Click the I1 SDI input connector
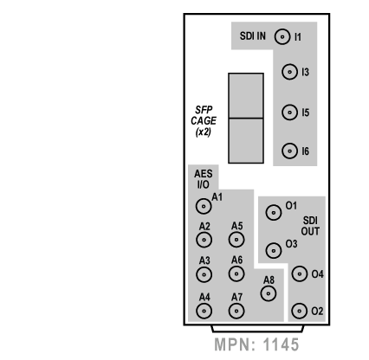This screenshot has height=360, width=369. click(x=282, y=36)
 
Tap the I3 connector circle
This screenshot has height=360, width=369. click(x=289, y=72)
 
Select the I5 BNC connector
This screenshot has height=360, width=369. click(x=289, y=112)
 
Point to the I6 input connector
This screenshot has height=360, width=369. click(x=289, y=151)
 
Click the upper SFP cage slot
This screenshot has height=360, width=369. click(x=246, y=95)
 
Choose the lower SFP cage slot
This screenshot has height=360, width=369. click(x=246, y=141)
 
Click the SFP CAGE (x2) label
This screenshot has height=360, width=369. click(x=204, y=121)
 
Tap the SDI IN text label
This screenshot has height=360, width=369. click(x=253, y=36)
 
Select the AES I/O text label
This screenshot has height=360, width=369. click(x=204, y=179)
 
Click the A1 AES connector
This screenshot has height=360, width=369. click(x=204, y=206)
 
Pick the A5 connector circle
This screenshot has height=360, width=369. click(x=236, y=240)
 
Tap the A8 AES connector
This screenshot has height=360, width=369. click(x=269, y=293)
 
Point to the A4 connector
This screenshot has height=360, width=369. click(x=204, y=311)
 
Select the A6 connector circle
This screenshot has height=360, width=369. click(x=236, y=273)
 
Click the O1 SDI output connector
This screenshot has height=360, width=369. click(x=274, y=212)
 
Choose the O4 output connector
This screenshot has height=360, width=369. click(x=300, y=273)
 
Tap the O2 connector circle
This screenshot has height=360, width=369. click(x=300, y=311)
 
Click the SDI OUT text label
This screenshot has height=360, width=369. click(x=310, y=226)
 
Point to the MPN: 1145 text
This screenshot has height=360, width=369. click(x=256, y=344)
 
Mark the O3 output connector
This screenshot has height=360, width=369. click(x=274, y=250)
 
